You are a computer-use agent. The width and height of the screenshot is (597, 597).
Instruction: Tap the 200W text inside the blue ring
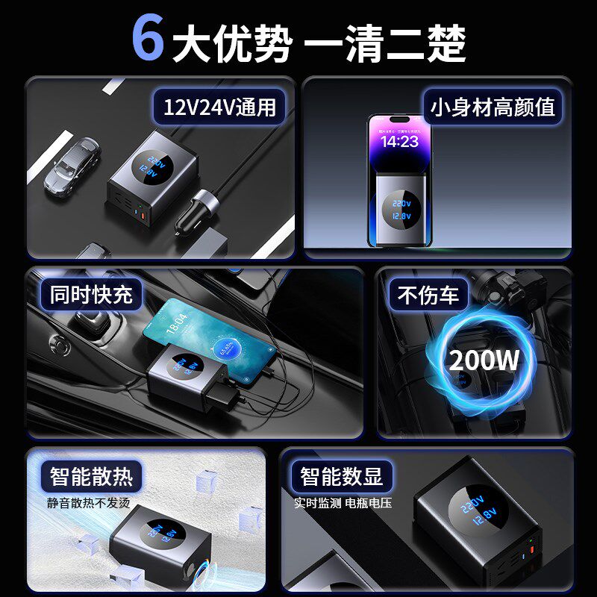click(x=484, y=360)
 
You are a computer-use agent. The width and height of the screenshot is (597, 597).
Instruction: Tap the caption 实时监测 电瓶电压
click(x=343, y=502)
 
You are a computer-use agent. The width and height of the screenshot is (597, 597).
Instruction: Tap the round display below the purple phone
click(x=401, y=208)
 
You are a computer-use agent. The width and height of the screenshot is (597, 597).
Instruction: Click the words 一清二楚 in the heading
click(x=385, y=43)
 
